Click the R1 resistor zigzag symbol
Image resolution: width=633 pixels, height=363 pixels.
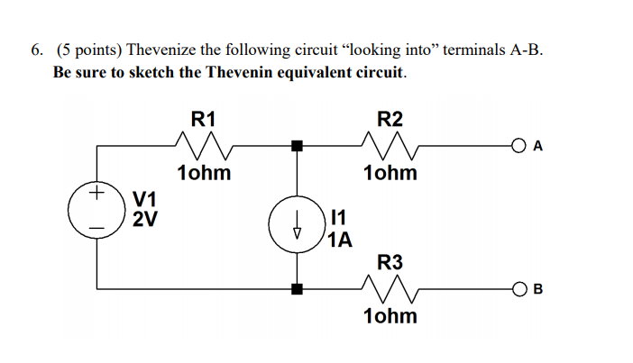tap(203, 143)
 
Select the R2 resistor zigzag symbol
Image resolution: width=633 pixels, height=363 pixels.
tap(390, 143)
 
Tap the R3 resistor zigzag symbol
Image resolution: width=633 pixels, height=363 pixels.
tap(390, 287)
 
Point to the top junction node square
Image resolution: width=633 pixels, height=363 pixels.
tap(297, 144)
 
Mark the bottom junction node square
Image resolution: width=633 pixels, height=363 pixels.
tap(297, 289)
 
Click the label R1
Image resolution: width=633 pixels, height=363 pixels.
tap(203, 119)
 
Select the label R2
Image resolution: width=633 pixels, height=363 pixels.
tap(390, 119)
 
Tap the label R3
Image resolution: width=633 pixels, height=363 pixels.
tap(390, 263)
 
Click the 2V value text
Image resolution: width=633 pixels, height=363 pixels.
tap(144, 219)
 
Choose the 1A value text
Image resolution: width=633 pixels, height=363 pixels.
tap(341, 240)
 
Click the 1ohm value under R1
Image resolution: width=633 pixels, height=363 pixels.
tap(203, 172)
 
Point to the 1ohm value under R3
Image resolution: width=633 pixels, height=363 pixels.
tap(390, 316)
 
